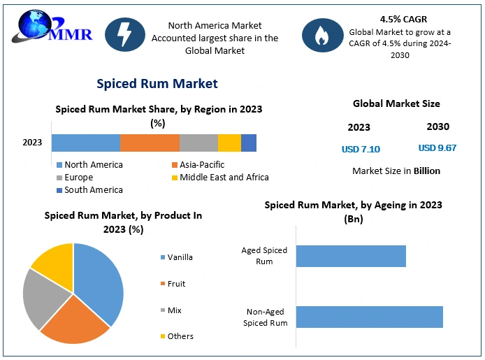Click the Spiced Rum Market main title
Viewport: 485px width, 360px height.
click(157, 84)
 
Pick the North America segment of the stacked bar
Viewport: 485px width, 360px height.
click(85, 143)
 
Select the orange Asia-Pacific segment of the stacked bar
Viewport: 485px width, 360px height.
click(150, 143)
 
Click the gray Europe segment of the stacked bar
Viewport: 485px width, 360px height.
click(198, 143)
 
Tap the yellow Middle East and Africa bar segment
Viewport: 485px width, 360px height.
click(229, 143)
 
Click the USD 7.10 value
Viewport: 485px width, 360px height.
click(361, 149)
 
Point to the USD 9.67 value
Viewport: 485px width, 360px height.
click(437, 148)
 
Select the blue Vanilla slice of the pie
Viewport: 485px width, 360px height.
click(102, 280)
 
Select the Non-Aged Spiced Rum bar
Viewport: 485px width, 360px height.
click(369, 317)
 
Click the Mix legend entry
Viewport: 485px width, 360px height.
click(175, 310)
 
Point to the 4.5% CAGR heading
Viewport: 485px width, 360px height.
click(403, 19)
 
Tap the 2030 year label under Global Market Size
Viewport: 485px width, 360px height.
click(438, 127)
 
